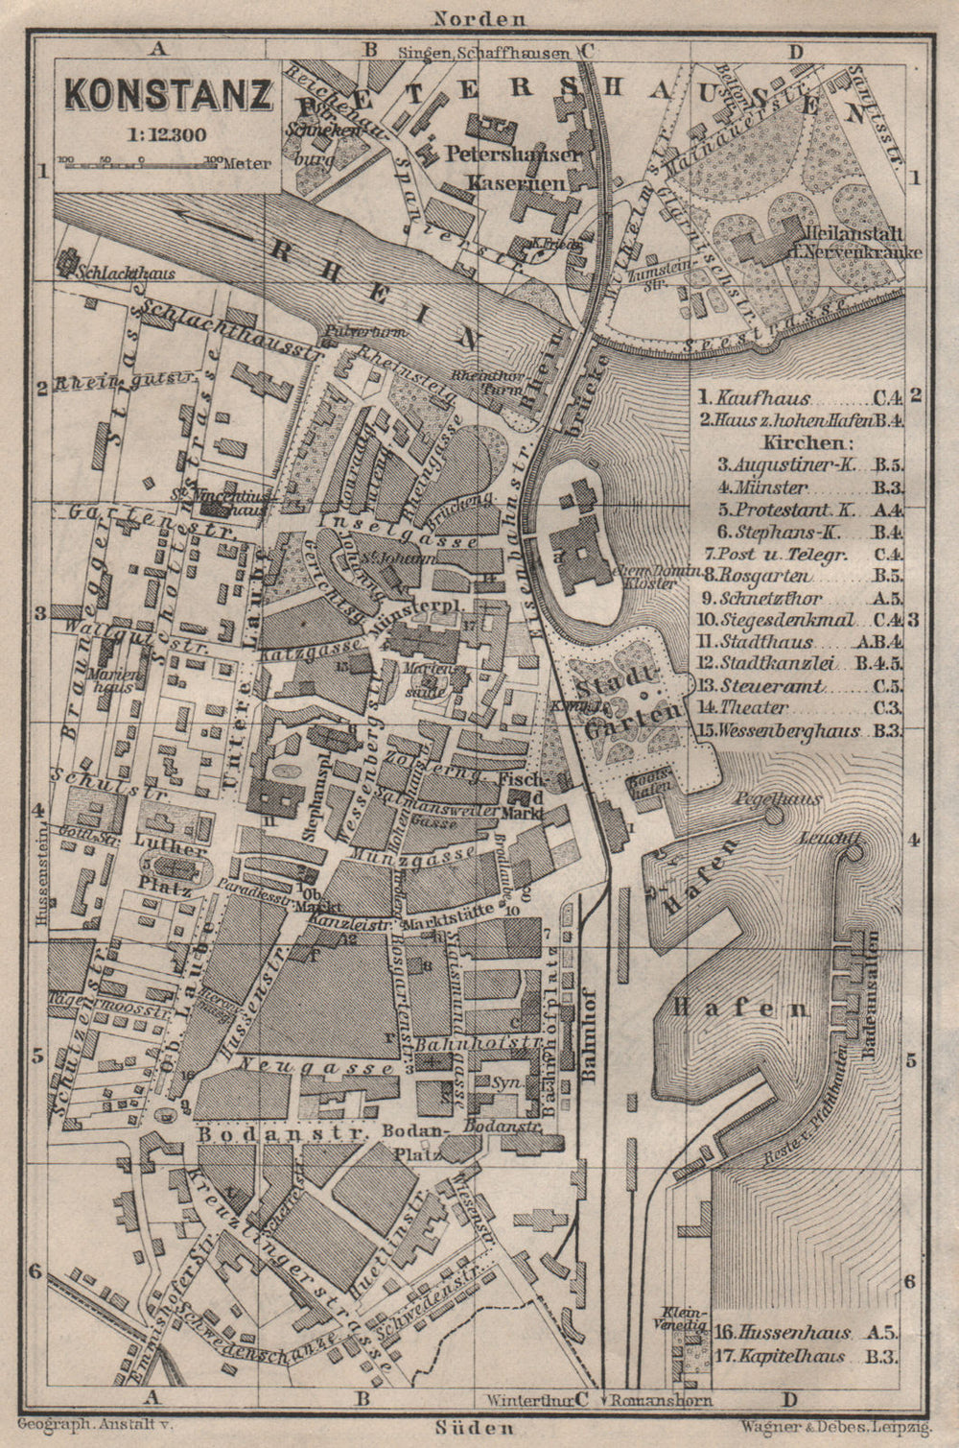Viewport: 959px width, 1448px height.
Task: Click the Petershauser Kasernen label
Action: click(513, 167)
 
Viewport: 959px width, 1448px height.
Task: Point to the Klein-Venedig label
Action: click(683, 1318)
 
